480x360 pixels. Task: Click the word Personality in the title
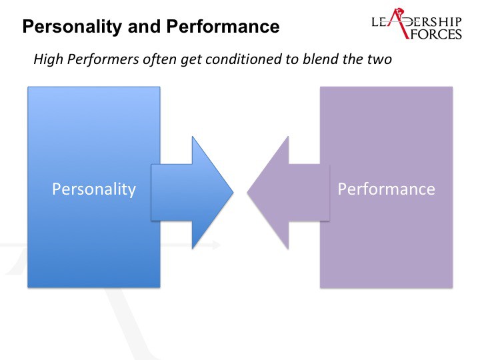[72, 27]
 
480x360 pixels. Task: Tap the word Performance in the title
[223, 26]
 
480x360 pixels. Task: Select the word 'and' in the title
[144, 26]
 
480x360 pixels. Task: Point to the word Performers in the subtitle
[103, 59]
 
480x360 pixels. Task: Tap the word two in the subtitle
[379, 59]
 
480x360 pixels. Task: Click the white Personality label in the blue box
[94, 189]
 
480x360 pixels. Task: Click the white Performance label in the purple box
[386, 189]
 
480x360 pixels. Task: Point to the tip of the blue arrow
[233, 193]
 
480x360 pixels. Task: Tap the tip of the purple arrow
[247, 193]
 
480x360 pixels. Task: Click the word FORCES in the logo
[435, 34]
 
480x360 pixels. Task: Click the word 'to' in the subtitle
[292, 59]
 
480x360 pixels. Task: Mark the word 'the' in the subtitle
[353, 59]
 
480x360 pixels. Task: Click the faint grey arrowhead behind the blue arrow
[216, 245]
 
